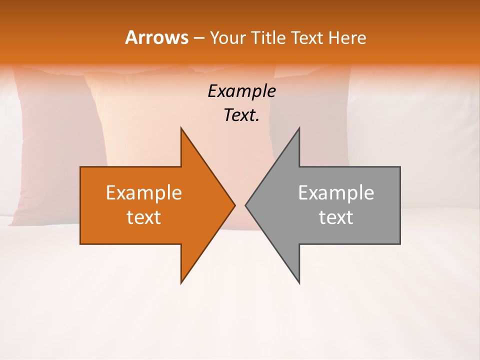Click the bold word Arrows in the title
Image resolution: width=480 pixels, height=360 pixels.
[x=156, y=37]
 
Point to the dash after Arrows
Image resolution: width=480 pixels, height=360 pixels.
[x=198, y=38]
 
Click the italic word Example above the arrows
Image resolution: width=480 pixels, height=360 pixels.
[x=241, y=91]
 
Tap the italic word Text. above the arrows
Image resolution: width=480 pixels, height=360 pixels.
[x=241, y=115]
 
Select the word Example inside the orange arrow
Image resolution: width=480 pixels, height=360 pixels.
[x=144, y=193]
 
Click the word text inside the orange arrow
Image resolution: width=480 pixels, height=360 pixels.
[x=144, y=217]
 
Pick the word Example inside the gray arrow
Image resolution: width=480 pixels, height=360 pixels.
[x=336, y=193]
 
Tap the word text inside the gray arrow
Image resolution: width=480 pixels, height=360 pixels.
[x=336, y=217]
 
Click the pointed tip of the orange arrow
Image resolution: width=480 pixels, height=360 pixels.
[x=234, y=205]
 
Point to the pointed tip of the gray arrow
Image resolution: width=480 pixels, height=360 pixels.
[x=246, y=205]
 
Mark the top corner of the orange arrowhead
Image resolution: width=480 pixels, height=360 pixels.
[x=181, y=128]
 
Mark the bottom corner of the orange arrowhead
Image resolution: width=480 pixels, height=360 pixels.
[x=181, y=282]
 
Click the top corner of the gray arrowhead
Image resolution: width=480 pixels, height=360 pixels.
[x=299, y=128]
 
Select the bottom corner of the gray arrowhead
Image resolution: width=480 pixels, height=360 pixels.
[x=299, y=282]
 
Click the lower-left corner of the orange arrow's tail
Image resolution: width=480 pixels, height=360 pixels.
[x=81, y=243]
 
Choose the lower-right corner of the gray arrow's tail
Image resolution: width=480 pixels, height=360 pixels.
[x=399, y=243]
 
